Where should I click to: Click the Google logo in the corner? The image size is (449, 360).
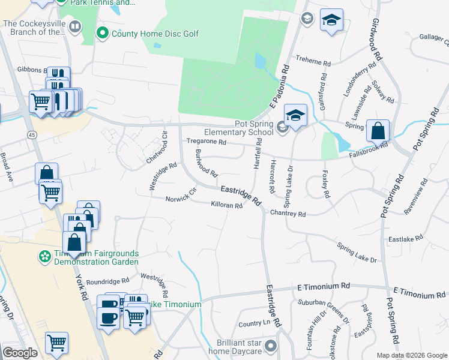tap(20, 353)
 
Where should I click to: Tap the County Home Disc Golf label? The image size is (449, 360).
tap(155, 34)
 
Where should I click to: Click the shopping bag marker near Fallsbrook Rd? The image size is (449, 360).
tap(378, 130)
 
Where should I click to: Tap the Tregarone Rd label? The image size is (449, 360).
tap(206, 142)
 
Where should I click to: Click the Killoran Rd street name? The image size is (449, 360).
tap(226, 205)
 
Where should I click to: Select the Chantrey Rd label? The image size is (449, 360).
tap(288, 214)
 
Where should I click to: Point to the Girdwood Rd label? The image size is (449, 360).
tap(377, 38)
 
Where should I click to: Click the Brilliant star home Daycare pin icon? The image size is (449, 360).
tap(271, 346)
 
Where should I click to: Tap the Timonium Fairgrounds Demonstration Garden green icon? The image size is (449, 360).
tap(44, 257)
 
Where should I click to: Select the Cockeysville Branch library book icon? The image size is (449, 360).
tap(74, 27)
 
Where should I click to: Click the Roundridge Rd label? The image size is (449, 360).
tap(107, 280)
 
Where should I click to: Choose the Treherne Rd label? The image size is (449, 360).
tap(313, 62)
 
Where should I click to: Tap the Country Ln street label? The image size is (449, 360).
tap(250, 324)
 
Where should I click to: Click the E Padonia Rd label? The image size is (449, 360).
tap(280, 88)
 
